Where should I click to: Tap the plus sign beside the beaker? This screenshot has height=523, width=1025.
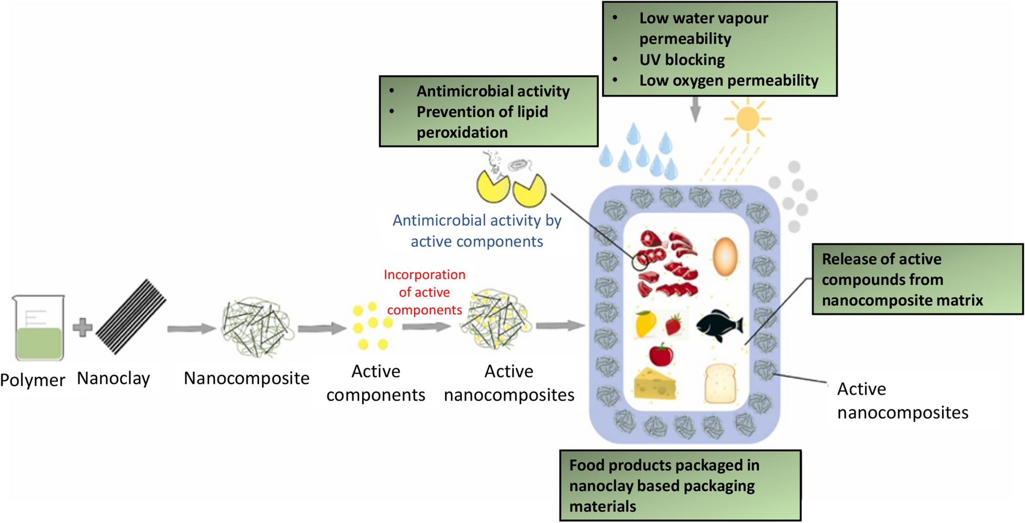point(82,327)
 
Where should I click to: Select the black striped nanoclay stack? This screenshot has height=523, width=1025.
point(131,317)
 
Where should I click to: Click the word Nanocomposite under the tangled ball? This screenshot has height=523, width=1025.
point(246,378)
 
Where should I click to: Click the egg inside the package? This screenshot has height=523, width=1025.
point(725,256)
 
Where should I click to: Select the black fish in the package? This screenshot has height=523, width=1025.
point(720,325)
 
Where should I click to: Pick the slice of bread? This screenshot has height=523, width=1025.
point(720,384)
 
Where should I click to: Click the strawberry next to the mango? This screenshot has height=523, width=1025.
point(674,324)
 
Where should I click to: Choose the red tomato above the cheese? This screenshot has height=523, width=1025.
point(661,354)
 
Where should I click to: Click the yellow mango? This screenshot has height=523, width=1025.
point(645,323)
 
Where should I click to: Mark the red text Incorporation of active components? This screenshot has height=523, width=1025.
point(424,292)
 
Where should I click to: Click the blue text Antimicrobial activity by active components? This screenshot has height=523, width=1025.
point(477,230)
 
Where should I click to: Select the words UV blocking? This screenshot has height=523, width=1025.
point(682,60)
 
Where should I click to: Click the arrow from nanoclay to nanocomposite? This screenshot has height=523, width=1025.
point(191,329)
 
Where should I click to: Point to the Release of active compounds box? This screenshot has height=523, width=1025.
point(917,279)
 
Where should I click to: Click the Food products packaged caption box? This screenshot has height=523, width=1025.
point(680,486)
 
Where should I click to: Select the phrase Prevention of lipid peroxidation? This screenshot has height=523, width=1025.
point(482,122)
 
